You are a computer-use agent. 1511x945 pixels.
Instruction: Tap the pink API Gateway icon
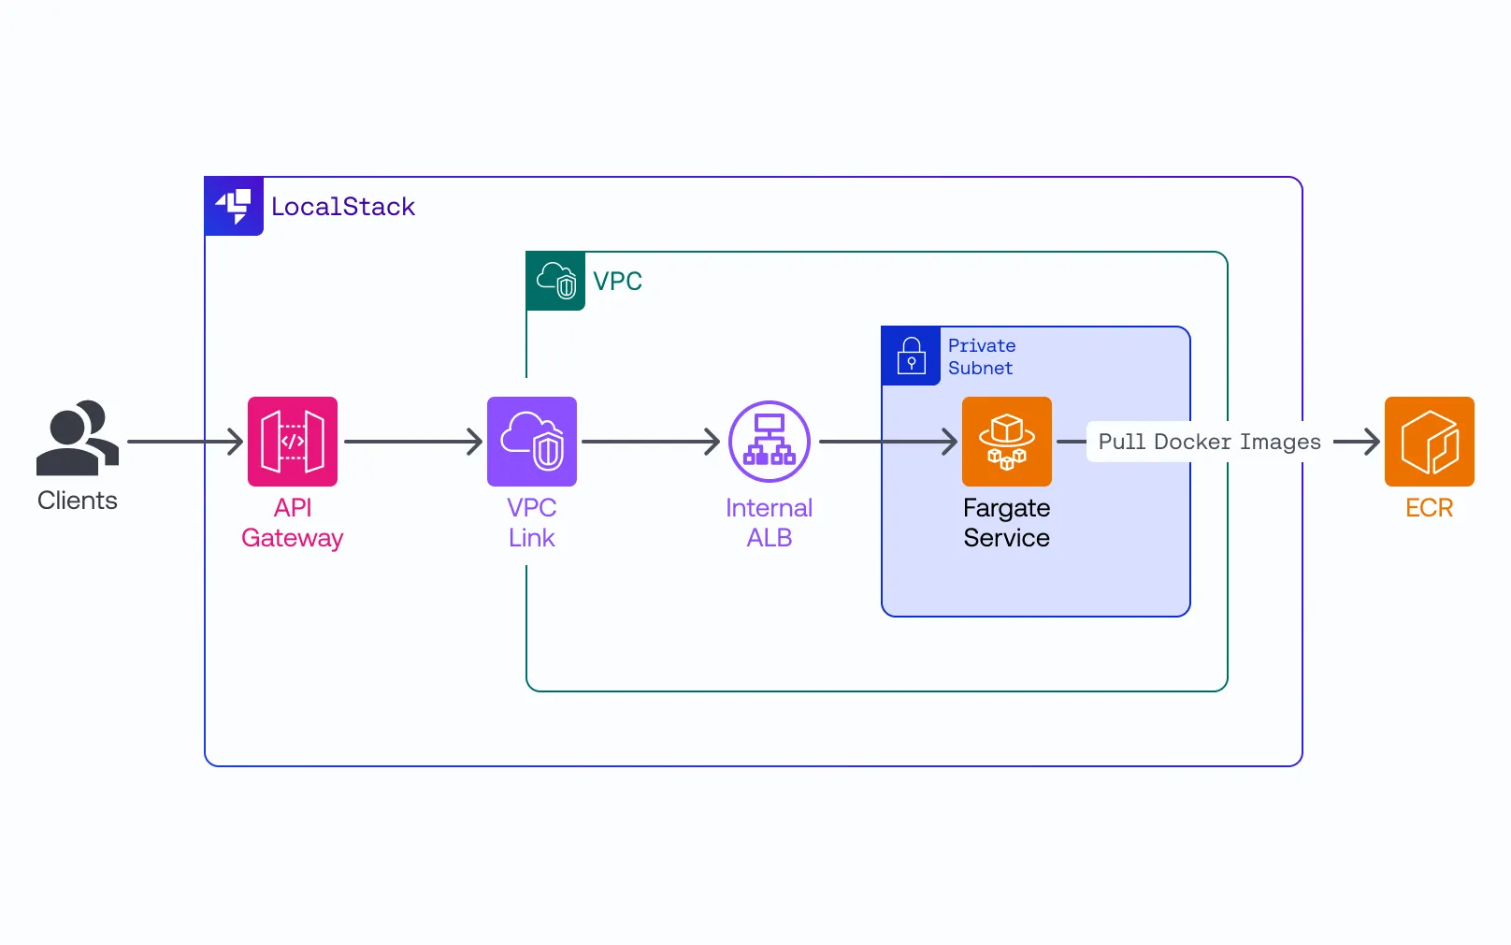(292, 442)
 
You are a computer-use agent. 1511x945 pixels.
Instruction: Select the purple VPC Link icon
(531, 442)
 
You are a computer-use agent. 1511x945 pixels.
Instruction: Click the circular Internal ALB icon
(769, 442)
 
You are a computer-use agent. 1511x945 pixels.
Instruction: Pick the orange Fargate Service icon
(1006, 442)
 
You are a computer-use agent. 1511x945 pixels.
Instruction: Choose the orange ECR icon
(1429, 442)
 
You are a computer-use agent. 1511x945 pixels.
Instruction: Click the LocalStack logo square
(234, 206)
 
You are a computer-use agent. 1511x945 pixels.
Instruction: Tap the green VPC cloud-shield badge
(555, 281)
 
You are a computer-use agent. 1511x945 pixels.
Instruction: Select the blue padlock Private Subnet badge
(911, 356)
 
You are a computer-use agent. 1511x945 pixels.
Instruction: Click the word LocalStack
(342, 207)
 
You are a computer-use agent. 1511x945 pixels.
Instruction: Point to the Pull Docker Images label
(1209, 442)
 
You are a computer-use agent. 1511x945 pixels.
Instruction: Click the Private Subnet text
(981, 356)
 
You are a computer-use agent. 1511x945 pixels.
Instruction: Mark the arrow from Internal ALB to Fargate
(887, 442)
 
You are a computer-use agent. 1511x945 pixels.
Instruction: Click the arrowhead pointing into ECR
(1369, 442)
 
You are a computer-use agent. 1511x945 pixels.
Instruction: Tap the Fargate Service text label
(1006, 522)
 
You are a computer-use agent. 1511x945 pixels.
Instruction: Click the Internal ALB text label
(769, 522)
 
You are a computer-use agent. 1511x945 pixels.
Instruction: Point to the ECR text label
(1429, 508)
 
